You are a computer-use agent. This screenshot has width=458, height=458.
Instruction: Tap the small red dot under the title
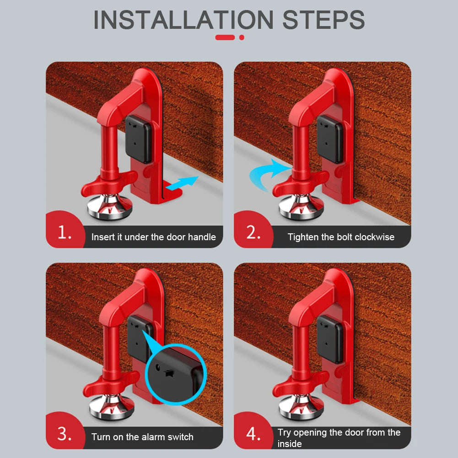click(242, 37)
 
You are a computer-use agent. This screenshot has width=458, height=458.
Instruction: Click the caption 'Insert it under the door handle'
click(153, 237)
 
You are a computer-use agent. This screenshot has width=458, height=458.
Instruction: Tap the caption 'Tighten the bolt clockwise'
click(341, 237)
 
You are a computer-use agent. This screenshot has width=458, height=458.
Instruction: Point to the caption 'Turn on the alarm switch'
click(142, 437)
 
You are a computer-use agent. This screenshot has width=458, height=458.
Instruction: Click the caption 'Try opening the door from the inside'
click(339, 438)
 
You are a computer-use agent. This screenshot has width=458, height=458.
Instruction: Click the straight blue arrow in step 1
click(183, 183)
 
